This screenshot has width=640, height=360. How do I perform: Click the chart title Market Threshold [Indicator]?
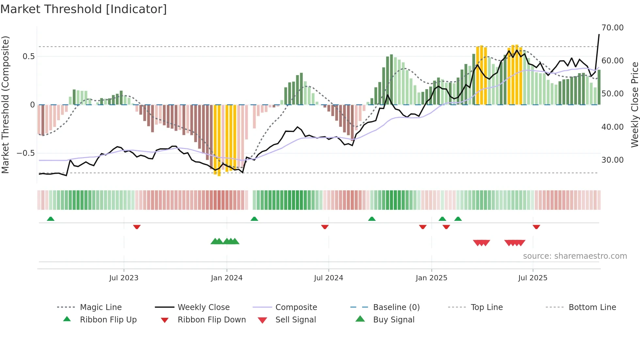tap(84, 9)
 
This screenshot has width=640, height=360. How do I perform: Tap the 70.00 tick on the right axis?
tap(612, 28)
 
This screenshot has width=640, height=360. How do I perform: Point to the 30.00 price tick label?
tap(612, 160)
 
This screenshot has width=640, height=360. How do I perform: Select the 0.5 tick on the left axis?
tap(28, 57)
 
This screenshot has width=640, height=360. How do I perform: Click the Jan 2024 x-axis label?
tap(227, 278)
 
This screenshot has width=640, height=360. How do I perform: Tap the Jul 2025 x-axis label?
tap(533, 278)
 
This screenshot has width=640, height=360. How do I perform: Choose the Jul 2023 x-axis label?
tap(124, 278)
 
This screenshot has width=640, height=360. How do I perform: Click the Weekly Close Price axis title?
tap(634, 105)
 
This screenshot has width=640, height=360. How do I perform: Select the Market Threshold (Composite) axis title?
tap(5, 105)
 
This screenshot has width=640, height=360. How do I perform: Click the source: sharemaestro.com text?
tap(575, 256)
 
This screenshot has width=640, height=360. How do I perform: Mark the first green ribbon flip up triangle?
tap(51, 219)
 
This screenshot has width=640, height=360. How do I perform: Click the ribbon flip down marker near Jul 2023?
tap(137, 227)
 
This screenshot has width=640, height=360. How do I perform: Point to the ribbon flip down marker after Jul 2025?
tap(536, 227)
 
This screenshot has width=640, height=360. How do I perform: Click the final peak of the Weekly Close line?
tap(599, 34)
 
